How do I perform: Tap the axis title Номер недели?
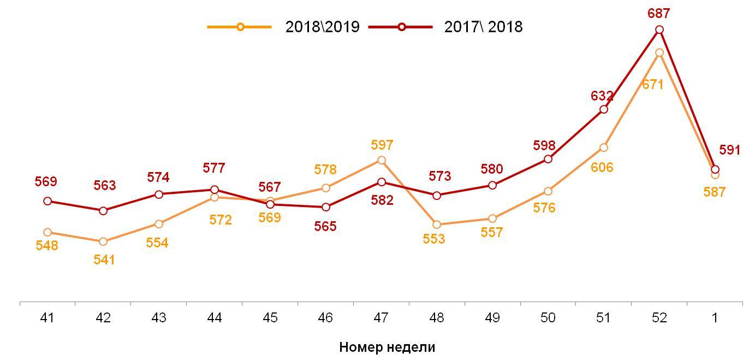pyautogui.click(x=387, y=347)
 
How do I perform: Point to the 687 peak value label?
pyautogui.click(x=659, y=14)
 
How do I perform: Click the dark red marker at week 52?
pyautogui.click(x=659, y=29)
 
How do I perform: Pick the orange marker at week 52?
pyautogui.click(x=659, y=52)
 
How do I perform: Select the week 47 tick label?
pyautogui.click(x=381, y=318)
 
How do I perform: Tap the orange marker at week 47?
pyautogui.click(x=382, y=160)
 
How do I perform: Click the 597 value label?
pyautogui.click(x=382, y=145)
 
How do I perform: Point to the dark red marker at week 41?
pyautogui.click(x=47, y=201)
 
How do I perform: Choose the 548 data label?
pyautogui.click(x=47, y=246)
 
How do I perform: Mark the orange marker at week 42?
pyautogui.click(x=103, y=241)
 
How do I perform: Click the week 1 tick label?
pyautogui.click(x=715, y=318)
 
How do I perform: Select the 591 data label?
pyautogui.click(x=729, y=150)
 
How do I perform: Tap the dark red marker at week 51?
pyautogui.click(x=604, y=109)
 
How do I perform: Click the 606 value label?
pyautogui.click(x=602, y=168)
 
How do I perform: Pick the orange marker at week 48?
pyautogui.click(x=436, y=224)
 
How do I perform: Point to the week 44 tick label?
pyautogui.click(x=215, y=318)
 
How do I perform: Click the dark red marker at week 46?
pyautogui.click(x=326, y=207)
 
